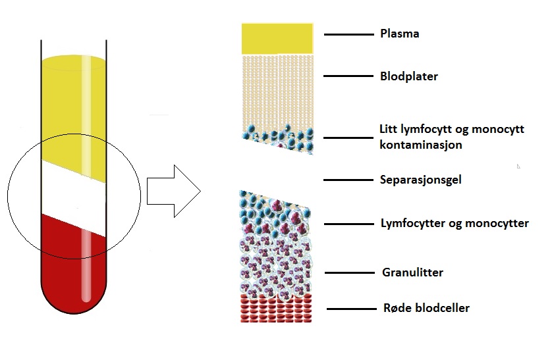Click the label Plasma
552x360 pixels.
[399, 34]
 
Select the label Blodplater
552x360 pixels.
[409, 76]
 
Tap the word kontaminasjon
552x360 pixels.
[421, 145]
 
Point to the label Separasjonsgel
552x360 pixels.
[420, 180]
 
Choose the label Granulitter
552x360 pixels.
[412, 272]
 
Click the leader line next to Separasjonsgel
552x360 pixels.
[347, 180]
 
